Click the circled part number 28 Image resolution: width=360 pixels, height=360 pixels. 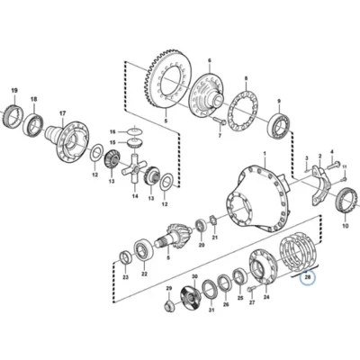tap(308, 277)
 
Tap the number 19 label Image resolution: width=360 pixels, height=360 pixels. tap(14, 90)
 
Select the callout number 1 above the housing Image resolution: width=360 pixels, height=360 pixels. tap(265, 154)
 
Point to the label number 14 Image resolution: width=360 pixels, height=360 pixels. tap(135, 196)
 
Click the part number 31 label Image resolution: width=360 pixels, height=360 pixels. tap(211, 310)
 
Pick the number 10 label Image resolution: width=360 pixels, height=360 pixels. tap(346, 226)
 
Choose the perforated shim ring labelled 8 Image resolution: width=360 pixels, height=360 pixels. tap(242, 111)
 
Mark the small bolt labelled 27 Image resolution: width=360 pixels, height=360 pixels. tap(251, 289)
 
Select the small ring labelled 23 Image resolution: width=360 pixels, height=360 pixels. tap(125, 257)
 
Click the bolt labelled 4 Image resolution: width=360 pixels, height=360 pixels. tap(334, 164)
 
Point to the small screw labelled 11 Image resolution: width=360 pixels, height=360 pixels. tap(344, 179)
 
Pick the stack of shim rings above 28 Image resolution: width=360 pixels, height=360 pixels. tap(297, 253)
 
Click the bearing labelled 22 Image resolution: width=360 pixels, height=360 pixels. tap(144, 249)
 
